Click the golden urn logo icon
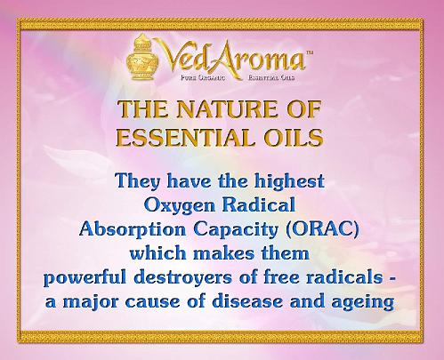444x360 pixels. point(142,57)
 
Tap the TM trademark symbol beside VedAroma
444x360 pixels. point(309,53)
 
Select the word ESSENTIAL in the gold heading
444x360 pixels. point(184,137)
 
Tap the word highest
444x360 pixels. point(289,180)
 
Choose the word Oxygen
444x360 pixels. point(180,205)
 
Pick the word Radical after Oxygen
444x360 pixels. point(259,204)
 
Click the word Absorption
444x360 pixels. point(133,229)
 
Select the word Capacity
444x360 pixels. point(236,229)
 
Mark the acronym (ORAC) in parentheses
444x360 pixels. point(323,229)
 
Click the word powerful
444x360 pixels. point(85,278)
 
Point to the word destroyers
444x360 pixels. point(183,278)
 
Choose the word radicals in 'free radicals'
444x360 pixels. point(344,277)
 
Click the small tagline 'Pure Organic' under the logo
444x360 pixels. point(203,78)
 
